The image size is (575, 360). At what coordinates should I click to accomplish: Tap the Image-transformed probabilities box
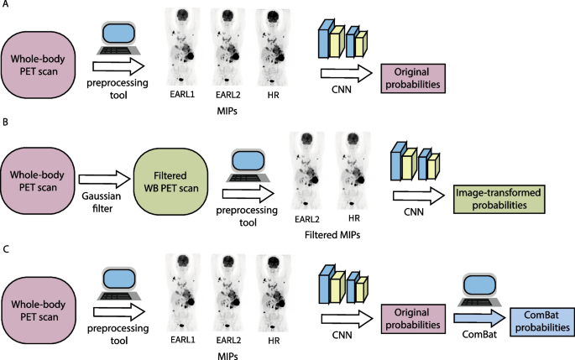tap(497, 200)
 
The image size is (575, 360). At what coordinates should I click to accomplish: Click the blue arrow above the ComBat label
tap(477, 318)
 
